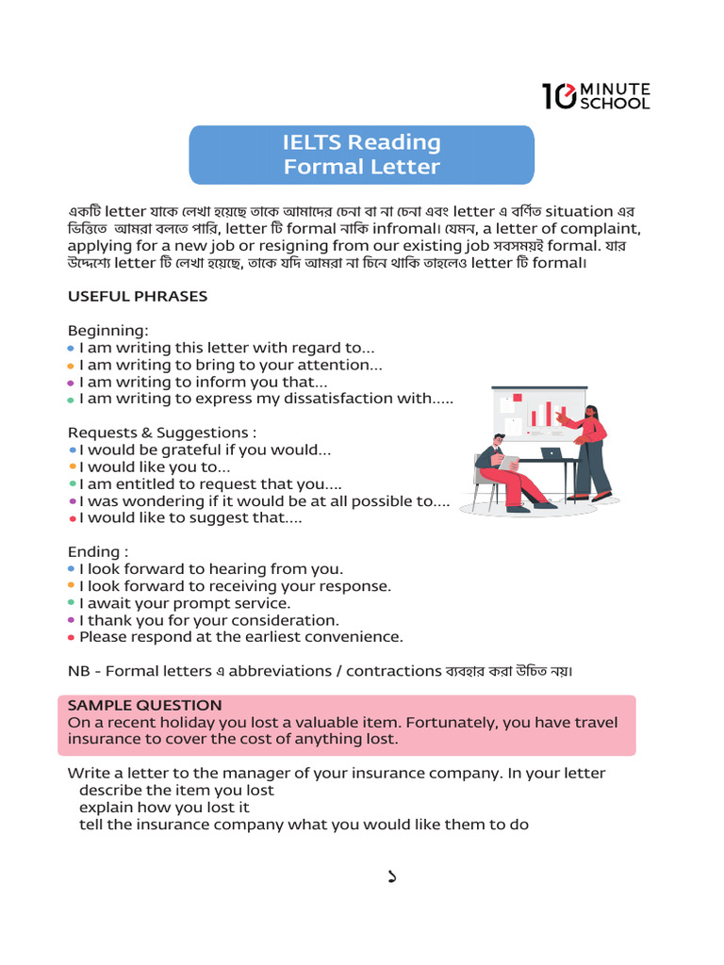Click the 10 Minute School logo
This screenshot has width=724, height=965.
[x=595, y=95]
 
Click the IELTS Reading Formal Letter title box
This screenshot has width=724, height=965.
[x=362, y=155]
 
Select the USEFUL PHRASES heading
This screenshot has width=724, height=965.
[x=138, y=296]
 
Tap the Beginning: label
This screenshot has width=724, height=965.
[x=108, y=331]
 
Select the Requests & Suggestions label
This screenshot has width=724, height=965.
[x=162, y=433]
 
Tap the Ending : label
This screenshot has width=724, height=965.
[x=98, y=551]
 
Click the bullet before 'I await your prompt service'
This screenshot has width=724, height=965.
[x=72, y=602]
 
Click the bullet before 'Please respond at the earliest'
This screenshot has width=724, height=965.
[x=72, y=637]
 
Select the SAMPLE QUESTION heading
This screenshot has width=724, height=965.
[x=145, y=705]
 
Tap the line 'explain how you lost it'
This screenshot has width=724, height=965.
[x=165, y=807]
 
